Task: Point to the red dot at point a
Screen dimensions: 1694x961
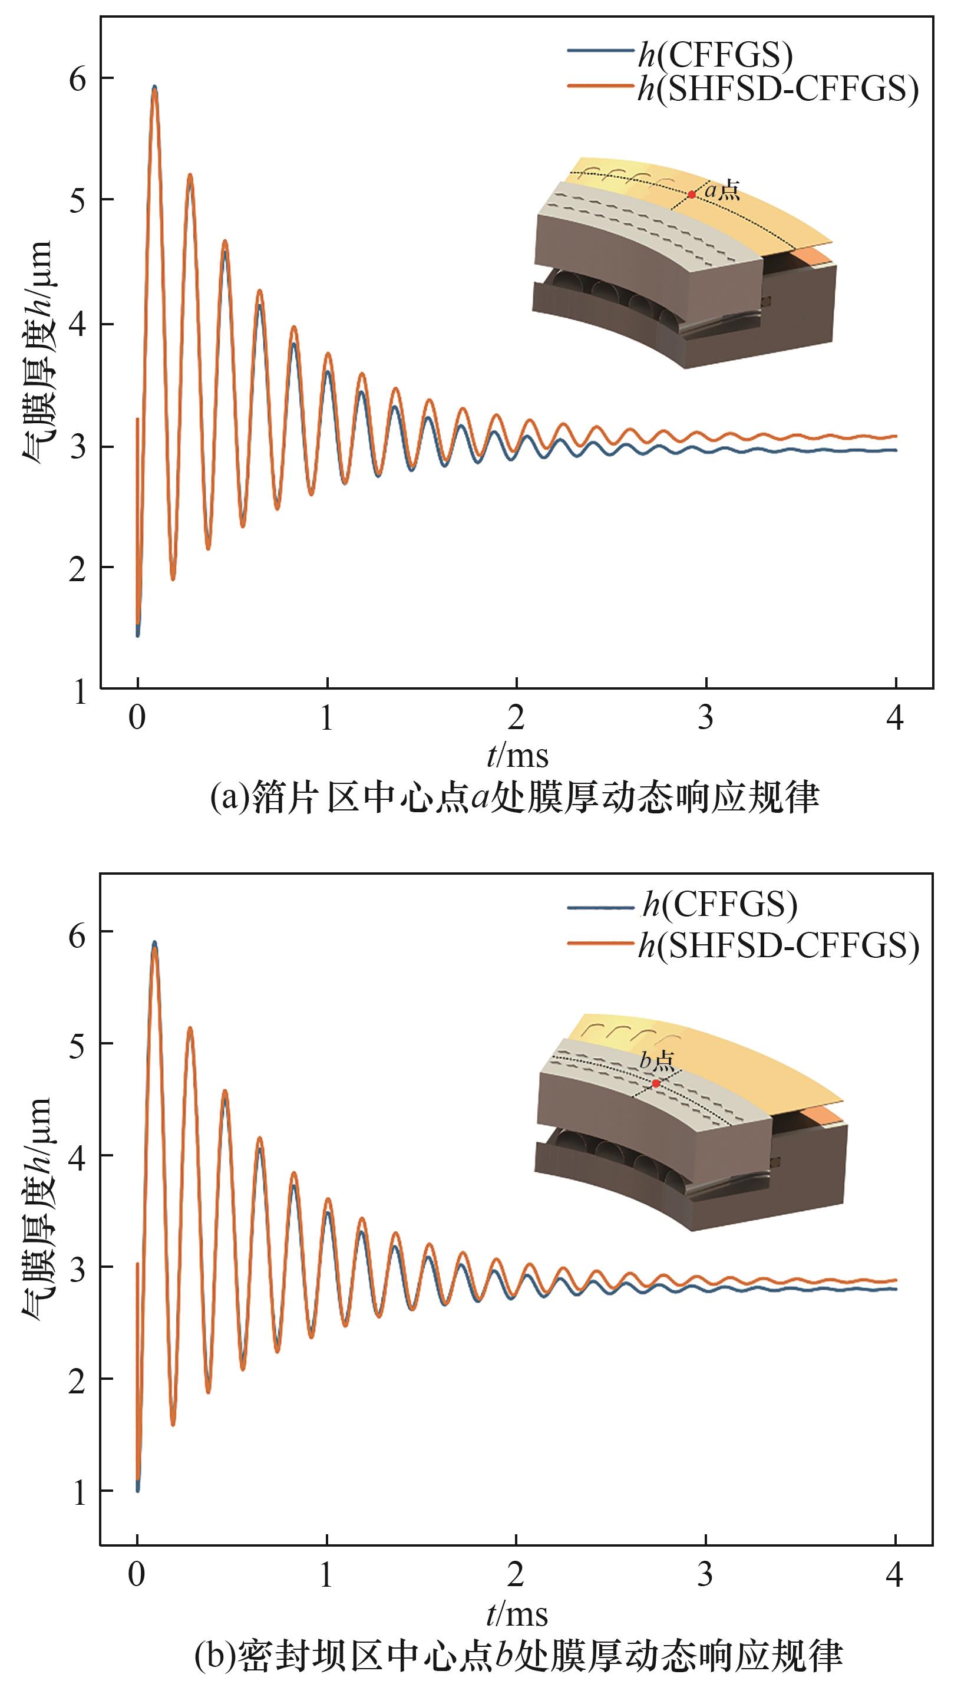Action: coord(691,194)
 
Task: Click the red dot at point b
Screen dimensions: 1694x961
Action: coord(655,1083)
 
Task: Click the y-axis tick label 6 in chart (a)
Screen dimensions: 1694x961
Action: coord(78,79)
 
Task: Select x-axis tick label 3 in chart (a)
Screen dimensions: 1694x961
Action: coord(705,717)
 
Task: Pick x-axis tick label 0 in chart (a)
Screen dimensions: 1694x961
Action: coord(137,717)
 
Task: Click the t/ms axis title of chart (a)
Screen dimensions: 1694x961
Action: coord(517,754)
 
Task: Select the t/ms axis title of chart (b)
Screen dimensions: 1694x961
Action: coord(517,1613)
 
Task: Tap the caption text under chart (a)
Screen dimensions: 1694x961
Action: coord(515,797)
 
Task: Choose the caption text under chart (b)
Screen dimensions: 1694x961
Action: coord(519,1656)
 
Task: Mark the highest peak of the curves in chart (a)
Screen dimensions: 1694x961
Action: coord(154,88)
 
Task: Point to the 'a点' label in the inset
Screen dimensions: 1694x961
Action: coord(722,191)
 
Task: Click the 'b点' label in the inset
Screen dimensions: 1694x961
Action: coord(657,1061)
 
